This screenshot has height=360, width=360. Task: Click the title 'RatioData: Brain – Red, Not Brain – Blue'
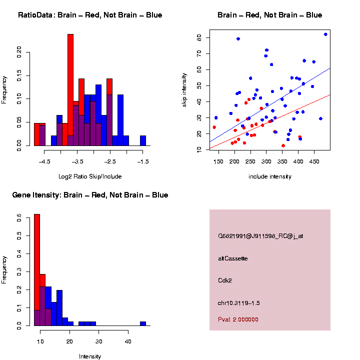(x=90, y=15)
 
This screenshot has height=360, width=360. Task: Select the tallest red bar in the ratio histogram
(x=70, y=90)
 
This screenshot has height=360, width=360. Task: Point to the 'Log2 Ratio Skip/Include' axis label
(x=90, y=176)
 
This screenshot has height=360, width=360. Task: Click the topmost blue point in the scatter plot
(x=325, y=34)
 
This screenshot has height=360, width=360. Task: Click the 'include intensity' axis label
(x=270, y=176)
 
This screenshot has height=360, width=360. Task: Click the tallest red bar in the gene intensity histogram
(x=37, y=270)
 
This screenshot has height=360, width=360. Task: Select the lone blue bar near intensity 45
(x=143, y=323)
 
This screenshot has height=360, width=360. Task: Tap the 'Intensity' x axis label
(x=90, y=356)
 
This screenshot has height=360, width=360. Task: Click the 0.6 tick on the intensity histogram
(x=20, y=218)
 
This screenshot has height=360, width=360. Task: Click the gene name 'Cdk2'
(x=225, y=280)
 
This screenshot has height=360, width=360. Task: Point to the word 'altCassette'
(x=233, y=258)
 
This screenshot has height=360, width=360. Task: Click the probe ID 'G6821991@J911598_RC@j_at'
(x=260, y=236)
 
